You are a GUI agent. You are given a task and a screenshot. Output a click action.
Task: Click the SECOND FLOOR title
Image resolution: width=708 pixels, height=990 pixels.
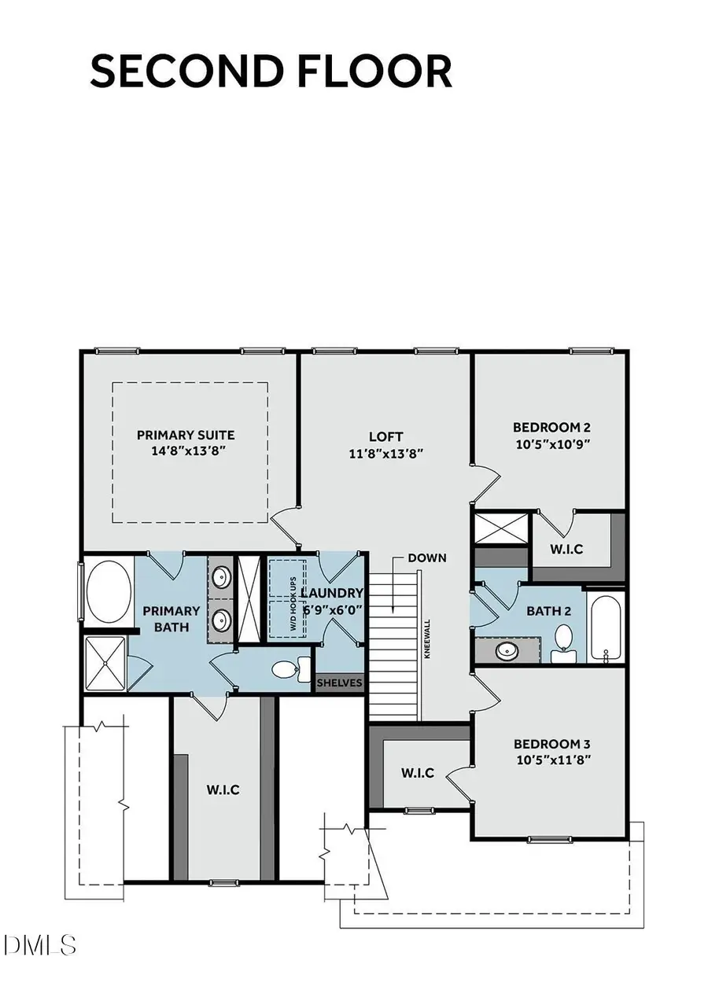pos(271,71)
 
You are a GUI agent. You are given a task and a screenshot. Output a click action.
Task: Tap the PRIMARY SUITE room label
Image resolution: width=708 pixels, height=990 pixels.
pos(186,443)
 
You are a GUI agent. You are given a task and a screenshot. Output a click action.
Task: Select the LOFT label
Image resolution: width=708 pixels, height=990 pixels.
pos(386,444)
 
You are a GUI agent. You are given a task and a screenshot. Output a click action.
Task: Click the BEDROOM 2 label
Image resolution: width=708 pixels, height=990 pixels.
pos(551,435)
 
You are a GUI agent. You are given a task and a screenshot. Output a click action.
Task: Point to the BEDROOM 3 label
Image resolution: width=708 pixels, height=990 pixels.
pos(551,751)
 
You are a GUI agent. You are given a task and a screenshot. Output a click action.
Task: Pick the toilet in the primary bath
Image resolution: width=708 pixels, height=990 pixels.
pos(286,670)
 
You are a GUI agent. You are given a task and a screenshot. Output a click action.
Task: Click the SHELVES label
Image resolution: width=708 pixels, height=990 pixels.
pos(340,683)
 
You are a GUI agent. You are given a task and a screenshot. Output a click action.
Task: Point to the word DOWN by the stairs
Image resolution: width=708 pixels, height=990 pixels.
pos(427,558)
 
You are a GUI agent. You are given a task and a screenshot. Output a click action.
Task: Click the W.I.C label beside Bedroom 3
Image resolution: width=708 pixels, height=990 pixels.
pos(418,773)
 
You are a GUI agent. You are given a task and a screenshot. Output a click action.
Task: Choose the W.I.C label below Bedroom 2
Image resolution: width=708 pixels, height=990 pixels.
pos(567,549)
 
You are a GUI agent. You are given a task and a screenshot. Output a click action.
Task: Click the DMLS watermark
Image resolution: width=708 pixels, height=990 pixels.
pos(39,943)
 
